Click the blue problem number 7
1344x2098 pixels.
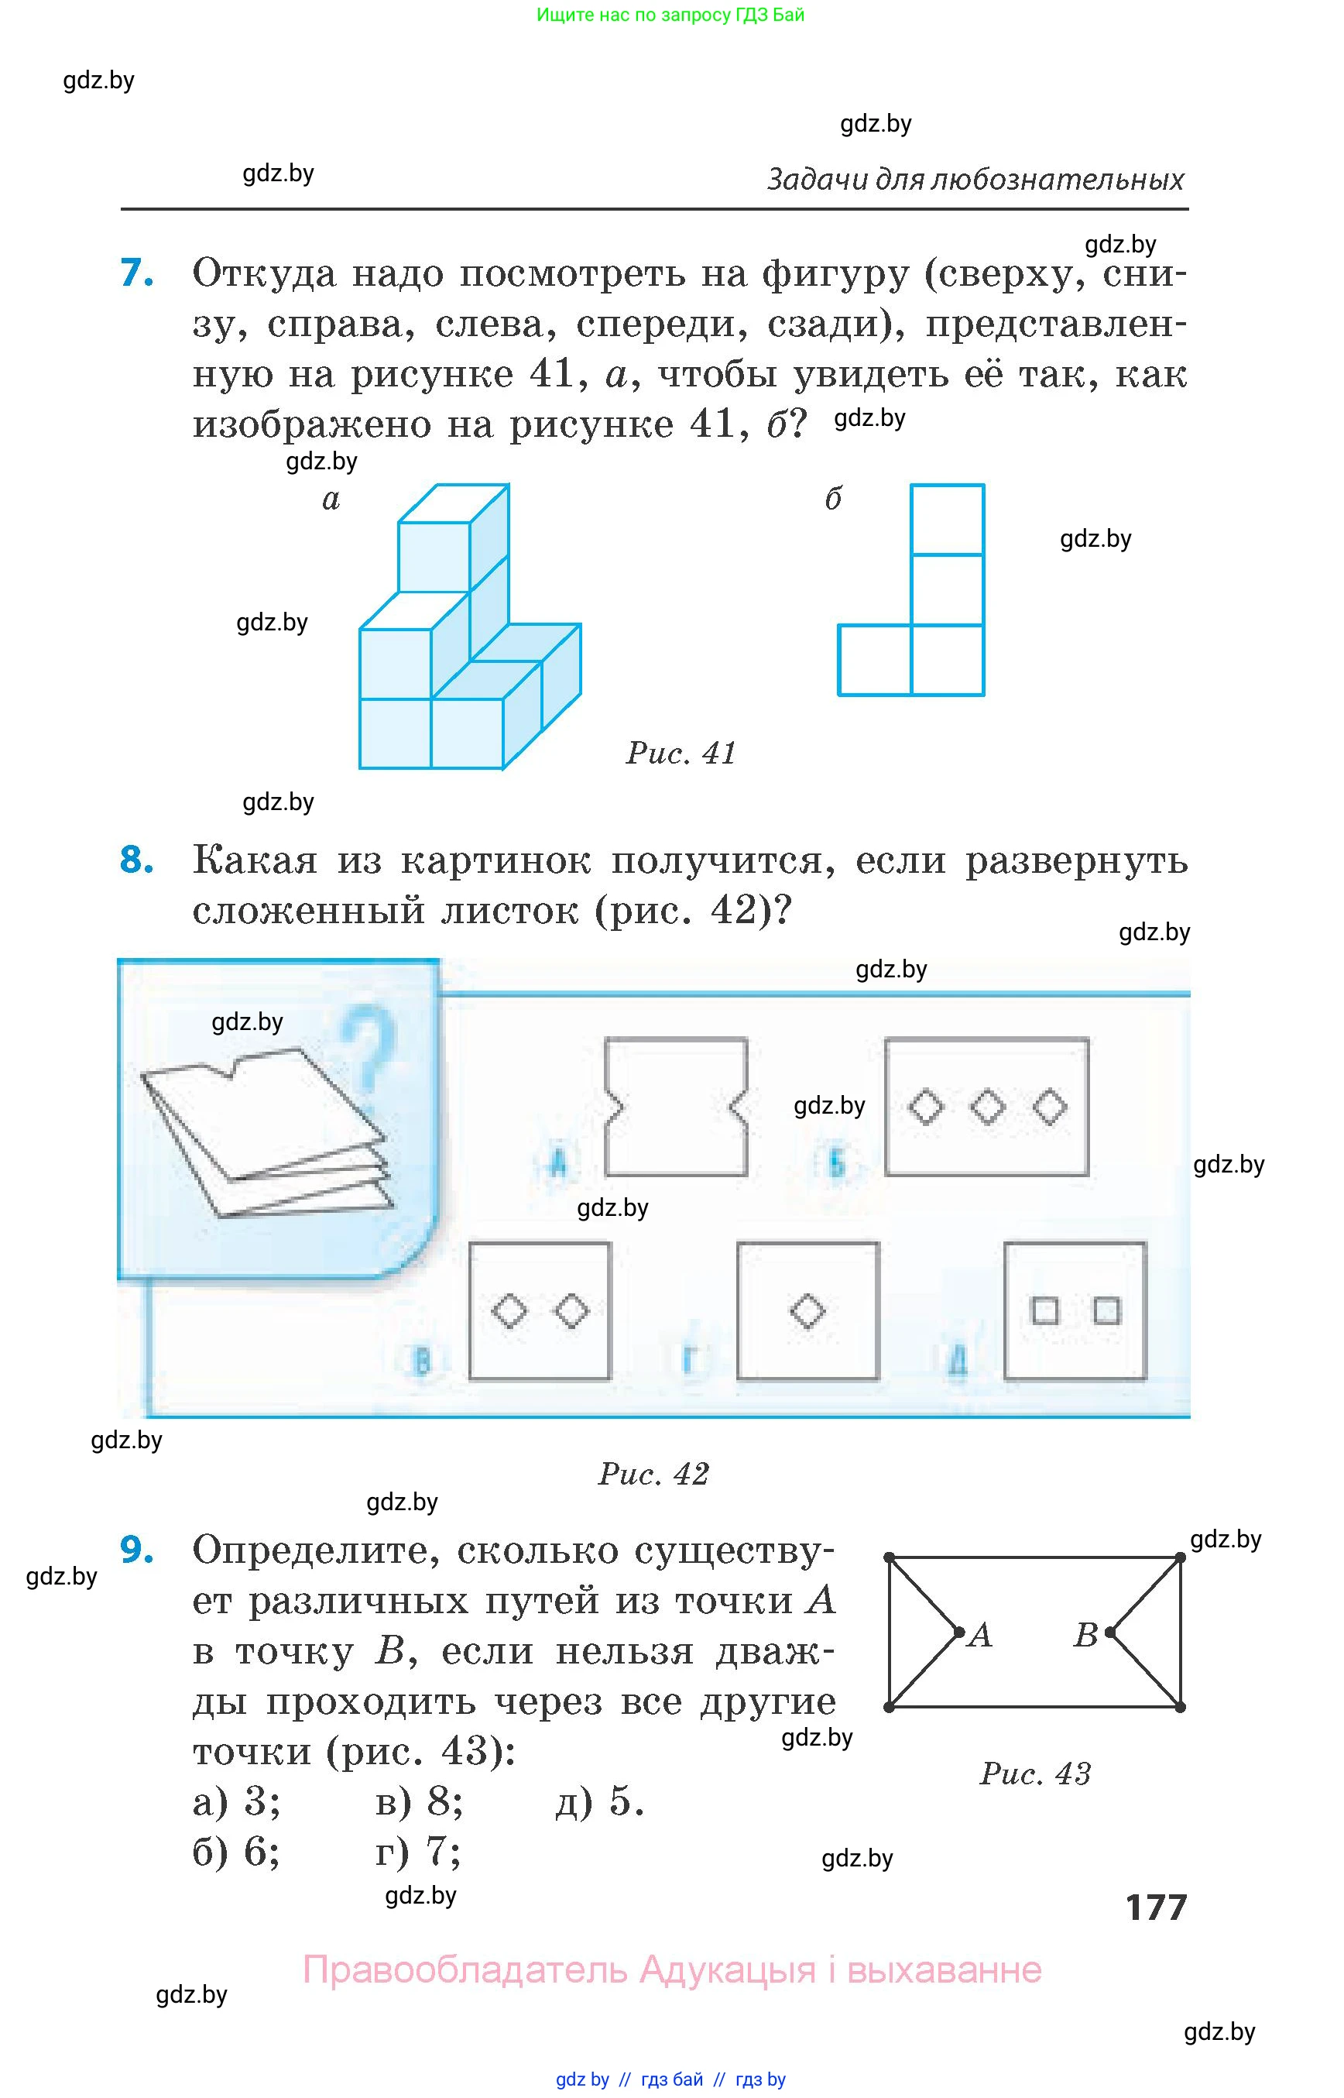[x=137, y=273]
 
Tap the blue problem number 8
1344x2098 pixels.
[x=137, y=860]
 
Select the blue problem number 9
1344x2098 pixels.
[x=137, y=1550]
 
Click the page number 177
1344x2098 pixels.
[x=1157, y=1907]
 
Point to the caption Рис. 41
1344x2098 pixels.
[x=681, y=753]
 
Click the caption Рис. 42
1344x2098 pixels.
[x=653, y=1474]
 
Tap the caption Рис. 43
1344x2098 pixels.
[x=1035, y=1774]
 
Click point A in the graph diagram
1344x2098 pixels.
[x=959, y=1632]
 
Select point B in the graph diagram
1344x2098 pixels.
[x=1109, y=1632]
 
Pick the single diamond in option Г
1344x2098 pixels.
[x=807, y=1311]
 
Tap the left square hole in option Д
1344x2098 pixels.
[x=1044, y=1310]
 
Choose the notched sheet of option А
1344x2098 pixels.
[x=677, y=1106]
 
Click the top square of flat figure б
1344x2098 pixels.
[x=947, y=520]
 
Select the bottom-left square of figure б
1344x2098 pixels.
[x=875, y=660]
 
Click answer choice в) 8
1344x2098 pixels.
[x=419, y=1801]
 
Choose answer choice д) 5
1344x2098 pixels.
[x=599, y=1801]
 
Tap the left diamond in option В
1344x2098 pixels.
[x=509, y=1311]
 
